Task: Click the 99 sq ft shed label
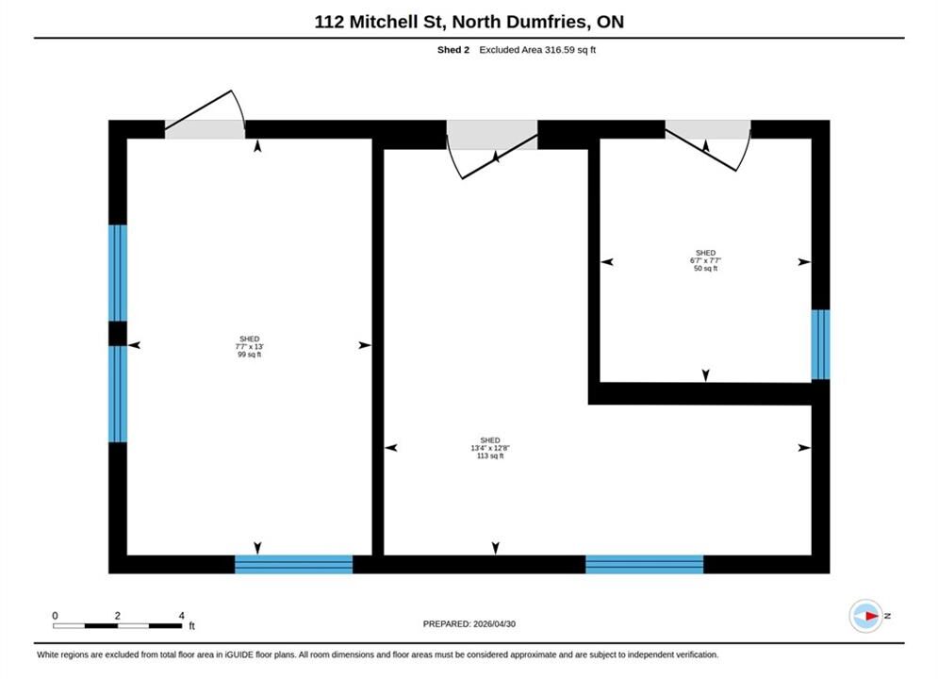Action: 250,346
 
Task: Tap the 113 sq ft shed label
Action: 490,448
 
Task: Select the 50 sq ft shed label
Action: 705,260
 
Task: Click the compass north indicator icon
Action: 866,616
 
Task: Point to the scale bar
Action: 117,626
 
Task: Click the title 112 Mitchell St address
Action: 469,22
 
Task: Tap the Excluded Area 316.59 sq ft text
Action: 537,50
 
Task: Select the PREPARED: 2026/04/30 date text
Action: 469,624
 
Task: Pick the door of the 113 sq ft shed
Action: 492,150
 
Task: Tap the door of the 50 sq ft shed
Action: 708,145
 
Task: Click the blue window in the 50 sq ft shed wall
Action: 820,344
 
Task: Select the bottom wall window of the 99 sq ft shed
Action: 294,564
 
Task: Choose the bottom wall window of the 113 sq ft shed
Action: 644,564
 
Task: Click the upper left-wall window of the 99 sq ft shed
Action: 117,273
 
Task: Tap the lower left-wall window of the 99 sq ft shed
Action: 117,394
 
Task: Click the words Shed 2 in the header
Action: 453,50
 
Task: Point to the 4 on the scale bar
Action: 182,616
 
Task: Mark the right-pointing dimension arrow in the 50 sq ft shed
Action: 804,261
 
